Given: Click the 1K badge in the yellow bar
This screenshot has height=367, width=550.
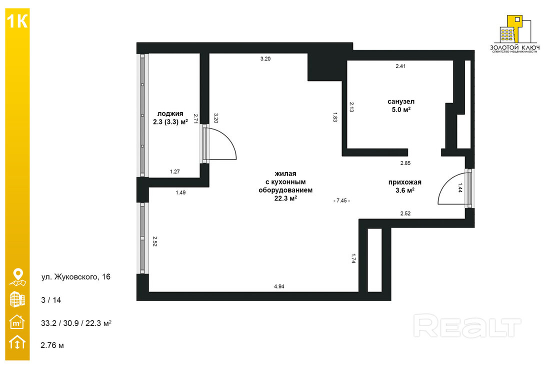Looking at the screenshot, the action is [x=17, y=21].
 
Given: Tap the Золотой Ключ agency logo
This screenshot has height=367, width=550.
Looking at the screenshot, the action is [x=514, y=34].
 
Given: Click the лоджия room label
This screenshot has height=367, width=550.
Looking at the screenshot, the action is [x=170, y=113].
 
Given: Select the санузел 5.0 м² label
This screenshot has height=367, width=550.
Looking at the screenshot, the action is [x=401, y=105].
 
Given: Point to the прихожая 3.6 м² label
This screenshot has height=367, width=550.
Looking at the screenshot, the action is [x=405, y=186].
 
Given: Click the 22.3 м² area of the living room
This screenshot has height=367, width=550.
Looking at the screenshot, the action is [x=285, y=198].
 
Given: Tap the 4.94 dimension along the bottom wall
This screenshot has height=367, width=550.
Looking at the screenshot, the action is [x=279, y=286].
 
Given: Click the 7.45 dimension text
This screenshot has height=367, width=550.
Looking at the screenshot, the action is [x=341, y=200].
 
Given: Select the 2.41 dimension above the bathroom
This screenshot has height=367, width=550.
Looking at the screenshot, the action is [x=400, y=66].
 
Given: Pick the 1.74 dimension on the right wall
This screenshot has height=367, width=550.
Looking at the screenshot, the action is [x=353, y=258].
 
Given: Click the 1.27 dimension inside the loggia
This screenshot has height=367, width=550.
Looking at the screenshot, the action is [x=174, y=171].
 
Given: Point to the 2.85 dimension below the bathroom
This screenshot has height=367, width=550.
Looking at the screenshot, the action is [x=405, y=163].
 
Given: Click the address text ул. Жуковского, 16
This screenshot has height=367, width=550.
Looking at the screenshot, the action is [x=76, y=277].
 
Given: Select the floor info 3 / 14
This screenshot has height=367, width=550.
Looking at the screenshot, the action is [x=51, y=300].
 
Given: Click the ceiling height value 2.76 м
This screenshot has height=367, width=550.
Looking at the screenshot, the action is [x=52, y=345].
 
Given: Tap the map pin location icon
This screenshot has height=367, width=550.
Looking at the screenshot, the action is [x=17, y=277].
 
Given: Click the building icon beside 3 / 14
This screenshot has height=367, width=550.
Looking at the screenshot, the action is [x=17, y=299].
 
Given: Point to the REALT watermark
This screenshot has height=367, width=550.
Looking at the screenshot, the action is [x=467, y=326].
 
